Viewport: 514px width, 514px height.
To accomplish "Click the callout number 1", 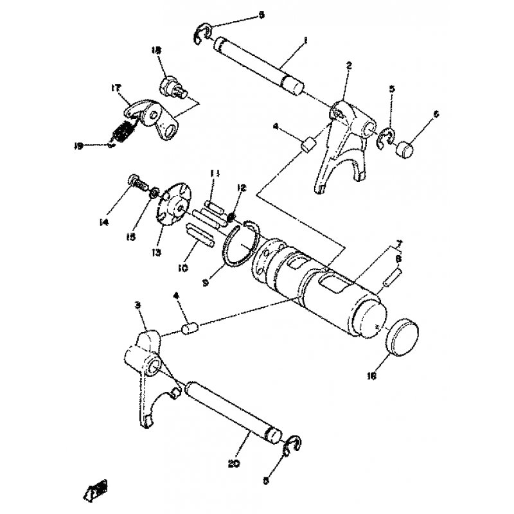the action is [306, 40].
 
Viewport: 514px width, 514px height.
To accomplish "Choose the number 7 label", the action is [398, 244].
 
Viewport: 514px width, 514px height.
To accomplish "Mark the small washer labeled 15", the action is [155, 193].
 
